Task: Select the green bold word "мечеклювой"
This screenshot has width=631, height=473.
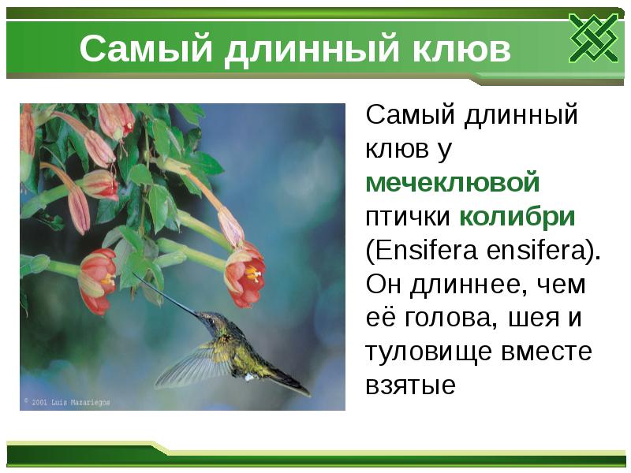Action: (453, 182)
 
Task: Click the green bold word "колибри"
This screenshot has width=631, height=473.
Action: (517, 217)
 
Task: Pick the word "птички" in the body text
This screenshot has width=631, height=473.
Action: (408, 217)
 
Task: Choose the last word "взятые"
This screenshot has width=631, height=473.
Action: (410, 387)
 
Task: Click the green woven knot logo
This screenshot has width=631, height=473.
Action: (592, 37)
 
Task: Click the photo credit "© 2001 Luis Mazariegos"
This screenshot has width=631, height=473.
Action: (67, 401)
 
